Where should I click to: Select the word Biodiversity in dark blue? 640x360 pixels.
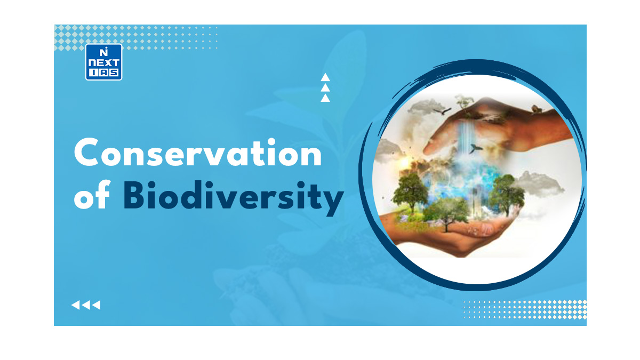234,197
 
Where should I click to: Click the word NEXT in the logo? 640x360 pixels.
103,63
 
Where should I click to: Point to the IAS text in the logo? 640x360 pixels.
103,73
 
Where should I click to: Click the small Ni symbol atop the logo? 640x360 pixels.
103,52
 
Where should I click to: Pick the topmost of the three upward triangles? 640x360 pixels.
325,77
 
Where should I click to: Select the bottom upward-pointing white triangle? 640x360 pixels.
325,98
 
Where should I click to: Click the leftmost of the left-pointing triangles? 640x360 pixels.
75,305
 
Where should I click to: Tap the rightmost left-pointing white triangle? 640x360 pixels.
97,305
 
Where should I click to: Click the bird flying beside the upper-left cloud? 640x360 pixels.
442,111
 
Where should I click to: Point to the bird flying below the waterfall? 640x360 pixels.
475,148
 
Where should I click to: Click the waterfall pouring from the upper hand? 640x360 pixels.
465,137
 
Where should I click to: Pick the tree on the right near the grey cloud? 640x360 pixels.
506,194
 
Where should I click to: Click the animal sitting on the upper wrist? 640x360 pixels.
536,109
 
